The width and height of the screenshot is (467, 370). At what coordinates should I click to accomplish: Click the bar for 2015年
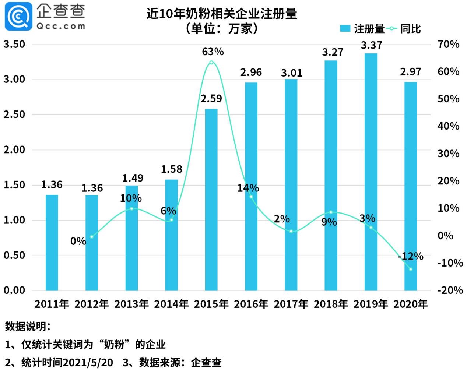pyautogui.click(x=211, y=200)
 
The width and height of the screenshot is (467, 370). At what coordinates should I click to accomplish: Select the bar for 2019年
pyautogui.click(x=371, y=172)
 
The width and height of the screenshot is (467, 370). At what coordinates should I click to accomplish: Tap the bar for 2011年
pyautogui.click(x=52, y=243)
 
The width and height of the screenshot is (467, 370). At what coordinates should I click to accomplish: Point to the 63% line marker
pyautogui.click(x=211, y=62)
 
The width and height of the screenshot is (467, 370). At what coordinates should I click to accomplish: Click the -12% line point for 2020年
pyautogui.click(x=411, y=269)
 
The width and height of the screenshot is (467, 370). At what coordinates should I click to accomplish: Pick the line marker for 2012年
pyautogui.click(x=92, y=237)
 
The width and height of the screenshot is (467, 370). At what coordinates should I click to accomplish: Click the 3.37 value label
pyautogui.click(x=371, y=45)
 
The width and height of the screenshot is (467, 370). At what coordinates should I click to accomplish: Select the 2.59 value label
pyautogui.click(x=211, y=99)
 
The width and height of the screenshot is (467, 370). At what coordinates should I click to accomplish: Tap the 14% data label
pyautogui.click(x=248, y=188)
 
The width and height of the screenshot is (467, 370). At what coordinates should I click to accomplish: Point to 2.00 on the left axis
pyautogui.click(x=14, y=149)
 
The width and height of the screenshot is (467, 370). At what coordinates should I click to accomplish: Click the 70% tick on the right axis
pyautogui.click(x=448, y=44)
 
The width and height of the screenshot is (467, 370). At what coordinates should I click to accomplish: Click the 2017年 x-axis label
pyautogui.click(x=291, y=304)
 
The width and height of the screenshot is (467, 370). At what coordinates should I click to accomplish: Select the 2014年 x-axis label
pyautogui.click(x=171, y=304)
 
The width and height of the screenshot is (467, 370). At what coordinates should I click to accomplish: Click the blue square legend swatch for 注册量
pyautogui.click(x=345, y=29)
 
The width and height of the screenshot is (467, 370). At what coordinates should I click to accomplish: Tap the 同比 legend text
pyautogui.click(x=410, y=29)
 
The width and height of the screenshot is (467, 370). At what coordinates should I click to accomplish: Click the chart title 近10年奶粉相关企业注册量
pyautogui.click(x=222, y=14)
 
